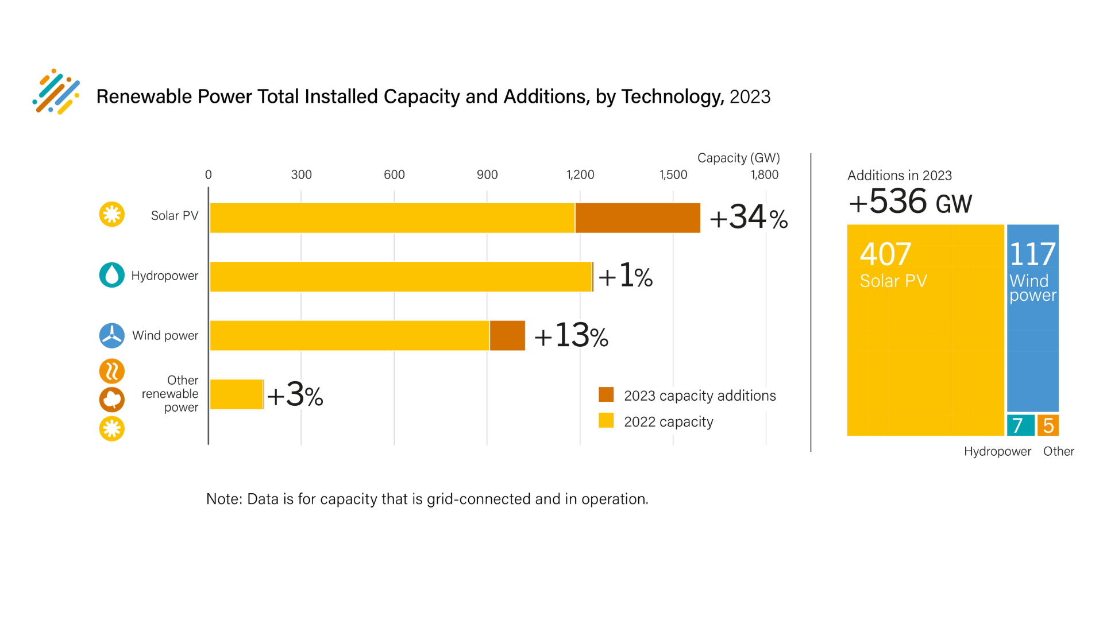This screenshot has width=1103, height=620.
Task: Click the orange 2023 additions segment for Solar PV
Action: [638, 218]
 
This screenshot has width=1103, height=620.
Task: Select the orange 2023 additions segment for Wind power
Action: [507, 336]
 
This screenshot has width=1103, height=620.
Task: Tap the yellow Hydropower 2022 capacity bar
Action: [400, 277]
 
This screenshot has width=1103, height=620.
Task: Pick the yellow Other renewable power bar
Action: [236, 394]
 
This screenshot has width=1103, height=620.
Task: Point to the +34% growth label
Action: [749, 218]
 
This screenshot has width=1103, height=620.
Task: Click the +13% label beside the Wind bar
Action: [571, 336]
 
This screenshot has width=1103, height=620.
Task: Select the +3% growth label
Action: [295, 395]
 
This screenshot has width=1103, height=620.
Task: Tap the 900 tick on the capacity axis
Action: [487, 175]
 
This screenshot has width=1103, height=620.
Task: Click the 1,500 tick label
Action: [673, 175]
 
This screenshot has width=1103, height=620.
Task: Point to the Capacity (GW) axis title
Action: [738, 158]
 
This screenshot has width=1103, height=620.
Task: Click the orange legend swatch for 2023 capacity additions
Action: [606, 395]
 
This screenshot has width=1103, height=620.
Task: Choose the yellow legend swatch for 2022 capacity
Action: [606, 421]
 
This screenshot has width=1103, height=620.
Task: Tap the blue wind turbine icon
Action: [112, 336]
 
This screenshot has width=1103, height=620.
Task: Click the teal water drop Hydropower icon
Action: [112, 275]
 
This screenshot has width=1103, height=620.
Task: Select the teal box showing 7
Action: [1020, 425]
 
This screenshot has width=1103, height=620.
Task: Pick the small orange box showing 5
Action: [1048, 425]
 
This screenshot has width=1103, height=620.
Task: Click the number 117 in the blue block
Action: [1032, 254]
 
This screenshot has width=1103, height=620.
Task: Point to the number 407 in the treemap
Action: [885, 254]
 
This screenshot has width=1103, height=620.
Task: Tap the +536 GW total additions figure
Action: [910, 202]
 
